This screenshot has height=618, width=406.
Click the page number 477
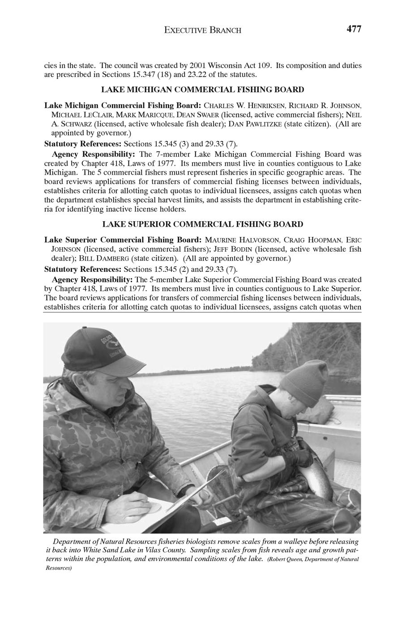(353, 29)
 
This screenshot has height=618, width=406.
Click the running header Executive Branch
(203, 30)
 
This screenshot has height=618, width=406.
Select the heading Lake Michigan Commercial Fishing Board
(202, 90)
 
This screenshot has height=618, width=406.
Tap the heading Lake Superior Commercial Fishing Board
(202, 224)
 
